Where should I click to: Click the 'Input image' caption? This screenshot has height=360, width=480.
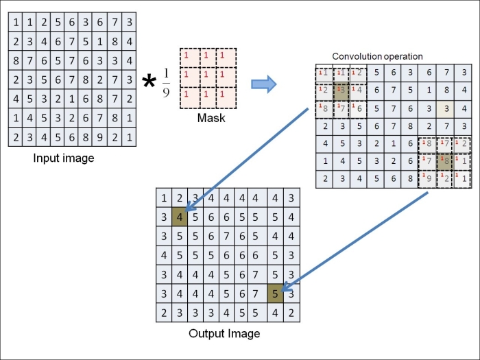[64, 158]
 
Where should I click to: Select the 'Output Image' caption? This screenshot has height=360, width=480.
[224, 334]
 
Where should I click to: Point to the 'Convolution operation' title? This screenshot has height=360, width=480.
[377, 56]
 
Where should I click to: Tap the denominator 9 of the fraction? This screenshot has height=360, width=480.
[165, 93]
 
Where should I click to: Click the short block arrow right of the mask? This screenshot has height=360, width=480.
[263, 84]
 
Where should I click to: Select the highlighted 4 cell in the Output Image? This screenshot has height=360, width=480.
[180, 217]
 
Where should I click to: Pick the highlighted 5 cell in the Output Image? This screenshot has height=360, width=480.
[276, 293]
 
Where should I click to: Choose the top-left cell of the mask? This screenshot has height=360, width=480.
[188, 57]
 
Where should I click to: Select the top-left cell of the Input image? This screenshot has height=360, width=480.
[15, 23]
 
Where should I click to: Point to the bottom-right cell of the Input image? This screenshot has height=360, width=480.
[128, 137]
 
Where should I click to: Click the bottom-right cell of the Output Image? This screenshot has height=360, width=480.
[293, 312]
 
